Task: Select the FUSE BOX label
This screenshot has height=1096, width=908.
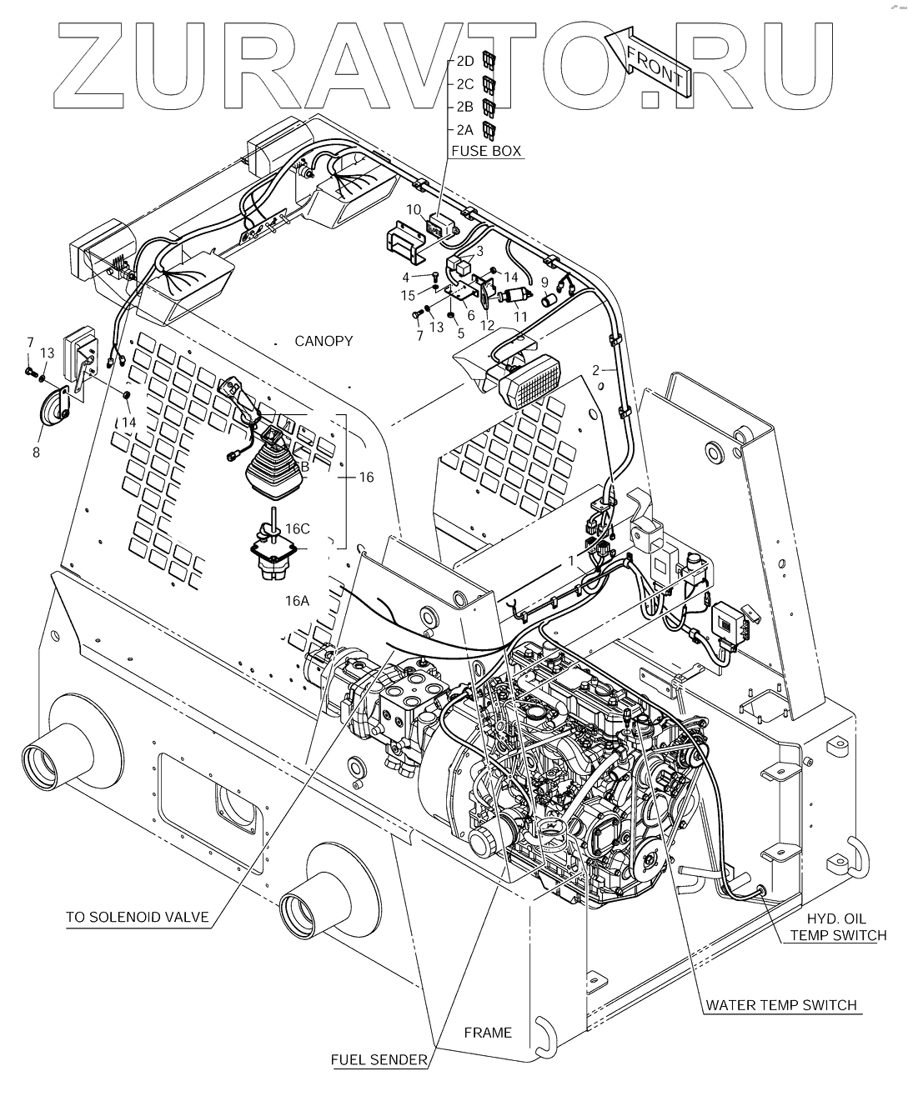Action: pyautogui.click(x=486, y=151)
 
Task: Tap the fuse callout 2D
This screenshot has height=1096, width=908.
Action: pyautogui.click(x=464, y=61)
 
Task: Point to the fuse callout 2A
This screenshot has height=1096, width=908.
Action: pyautogui.click(x=464, y=129)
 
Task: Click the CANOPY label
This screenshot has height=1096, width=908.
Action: pyautogui.click(x=324, y=341)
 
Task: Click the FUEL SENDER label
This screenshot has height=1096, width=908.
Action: pyautogui.click(x=379, y=1060)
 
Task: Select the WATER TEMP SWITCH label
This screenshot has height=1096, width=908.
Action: pyautogui.click(x=781, y=1004)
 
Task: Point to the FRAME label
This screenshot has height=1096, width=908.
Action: pyautogui.click(x=488, y=1033)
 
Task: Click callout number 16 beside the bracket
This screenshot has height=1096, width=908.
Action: pyautogui.click(x=365, y=478)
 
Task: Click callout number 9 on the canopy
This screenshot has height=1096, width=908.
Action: pyautogui.click(x=544, y=282)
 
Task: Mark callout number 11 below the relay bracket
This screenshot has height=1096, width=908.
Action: pyautogui.click(x=520, y=317)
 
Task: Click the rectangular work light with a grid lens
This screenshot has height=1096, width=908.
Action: pyautogui.click(x=529, y=382)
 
